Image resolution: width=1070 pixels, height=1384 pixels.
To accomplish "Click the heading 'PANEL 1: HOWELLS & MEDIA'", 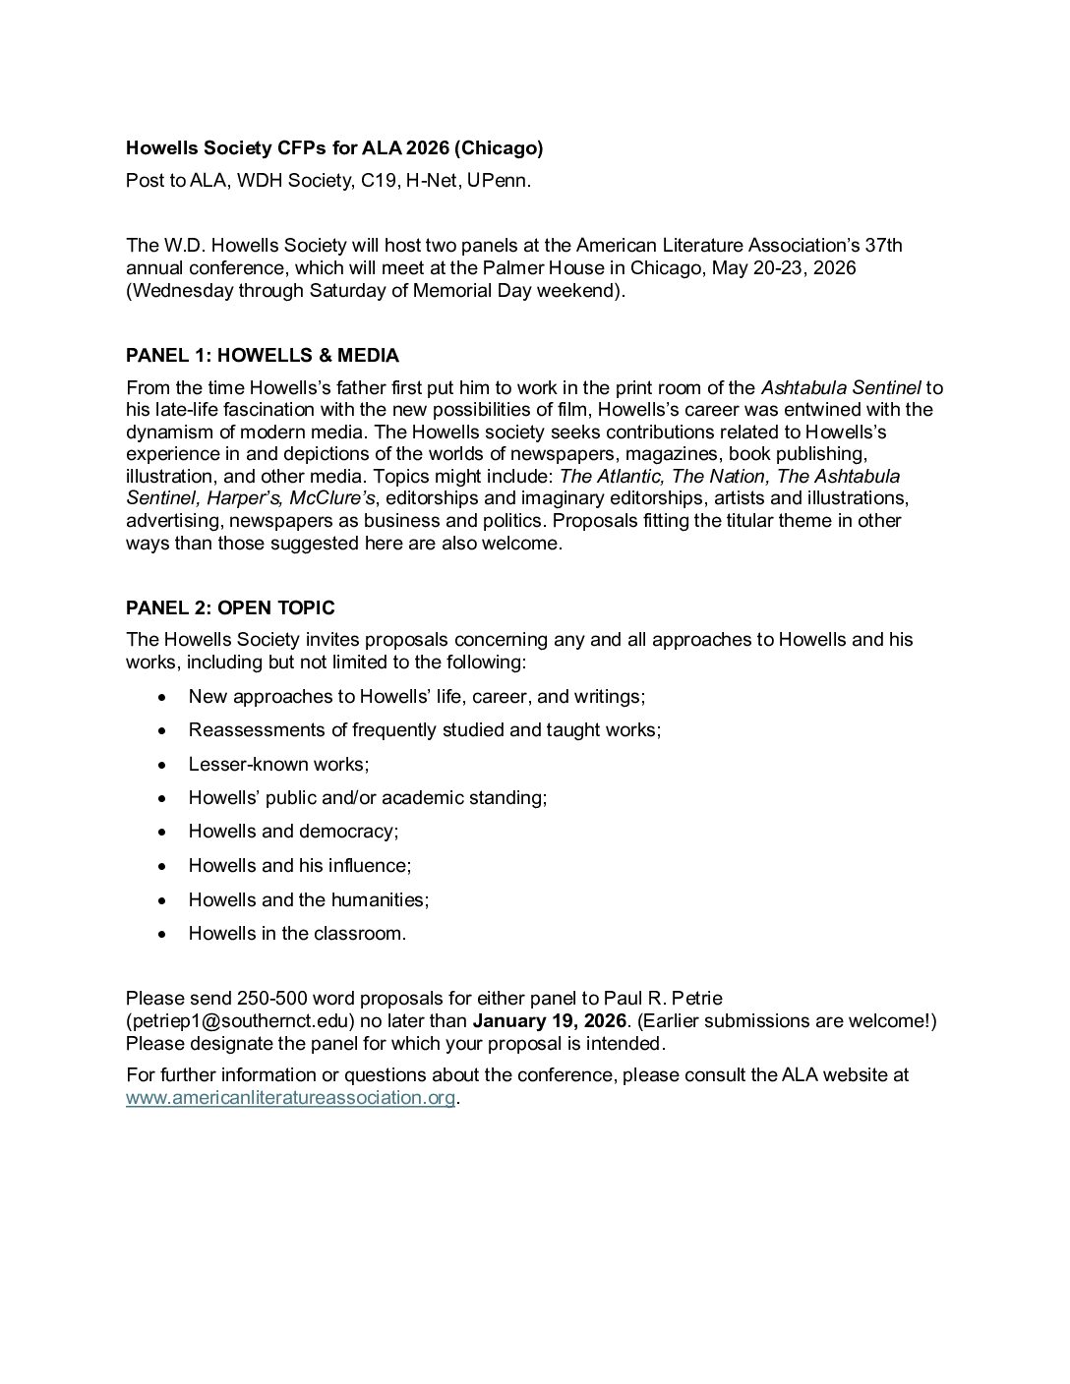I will click(x=263, y=355).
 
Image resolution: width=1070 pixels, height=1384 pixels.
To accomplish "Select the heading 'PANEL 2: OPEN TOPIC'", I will click(x=230, y=607).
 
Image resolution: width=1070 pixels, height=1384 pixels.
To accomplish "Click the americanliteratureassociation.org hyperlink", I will click(x=291, y=1098).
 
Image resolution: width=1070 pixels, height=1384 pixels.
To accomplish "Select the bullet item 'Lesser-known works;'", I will click(x=278, y=764).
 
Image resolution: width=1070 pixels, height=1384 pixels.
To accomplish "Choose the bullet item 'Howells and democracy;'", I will click(x=293, y=832).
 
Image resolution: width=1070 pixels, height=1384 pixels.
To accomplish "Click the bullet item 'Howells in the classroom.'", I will click(x=297, y=933).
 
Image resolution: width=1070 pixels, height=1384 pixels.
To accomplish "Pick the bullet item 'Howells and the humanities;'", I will click(x=309, y=899).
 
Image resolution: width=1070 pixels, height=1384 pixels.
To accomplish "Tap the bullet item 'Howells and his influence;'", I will click(x=300, y=865).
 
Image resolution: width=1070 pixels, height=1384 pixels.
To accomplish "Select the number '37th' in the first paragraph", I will click(x=882, y=245).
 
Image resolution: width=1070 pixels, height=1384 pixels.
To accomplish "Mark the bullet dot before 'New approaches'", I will click(x=162, y=697).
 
